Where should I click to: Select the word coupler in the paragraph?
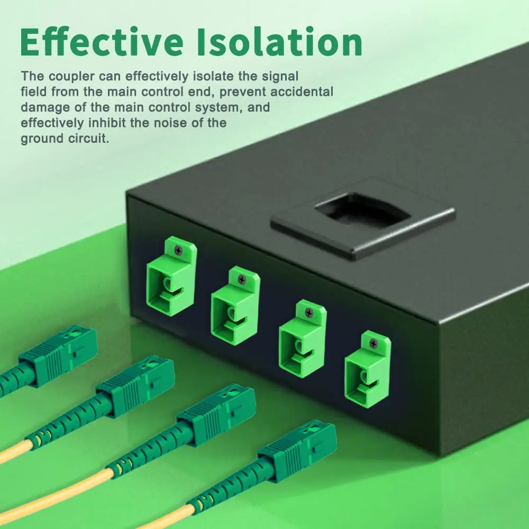coord(71,77)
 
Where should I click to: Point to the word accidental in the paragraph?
coord(302,92)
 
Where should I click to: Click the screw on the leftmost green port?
coord(178,250)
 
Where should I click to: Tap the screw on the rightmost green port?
coord(373,343)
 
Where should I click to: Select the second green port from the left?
coord(235,306)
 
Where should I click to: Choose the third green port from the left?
coord(302,339)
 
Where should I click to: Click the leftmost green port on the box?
coord(171,276)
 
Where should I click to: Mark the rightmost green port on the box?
coord(368,369)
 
